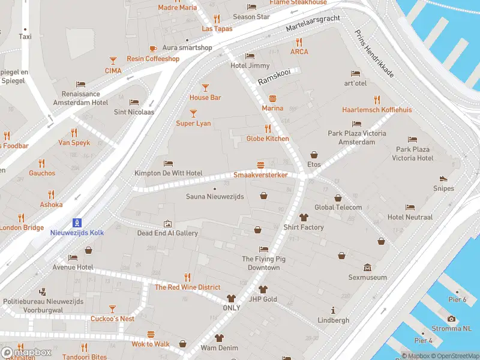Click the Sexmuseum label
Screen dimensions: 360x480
point(367,277)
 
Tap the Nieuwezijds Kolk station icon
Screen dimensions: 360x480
point(77,222)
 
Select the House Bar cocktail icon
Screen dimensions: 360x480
point(205,88)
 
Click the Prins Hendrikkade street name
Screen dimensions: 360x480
point(374,54)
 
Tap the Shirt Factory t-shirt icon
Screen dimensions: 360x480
point(304,217)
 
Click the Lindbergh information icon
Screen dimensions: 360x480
point(333,310)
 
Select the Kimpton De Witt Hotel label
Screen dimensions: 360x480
point(168,173)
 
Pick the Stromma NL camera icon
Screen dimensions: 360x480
point(451,319)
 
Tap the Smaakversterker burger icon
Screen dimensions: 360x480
point(260,165)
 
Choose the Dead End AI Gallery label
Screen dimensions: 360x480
point(167,233)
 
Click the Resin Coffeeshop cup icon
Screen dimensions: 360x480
point(153,49)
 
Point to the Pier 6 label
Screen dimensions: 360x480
point(457,299)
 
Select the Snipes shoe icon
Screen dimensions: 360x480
point(443,178)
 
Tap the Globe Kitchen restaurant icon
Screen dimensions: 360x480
point(268,128)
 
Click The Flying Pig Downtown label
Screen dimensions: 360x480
point(260,263)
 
